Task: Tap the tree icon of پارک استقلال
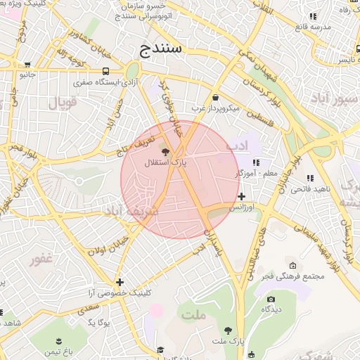click(x=165, y=152)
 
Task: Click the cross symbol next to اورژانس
click(x=242, y=196)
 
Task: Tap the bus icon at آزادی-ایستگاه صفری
click(x=105, y=71)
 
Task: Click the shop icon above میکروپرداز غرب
click(x=214, y=98)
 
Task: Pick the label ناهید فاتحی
click(x=310, y=188)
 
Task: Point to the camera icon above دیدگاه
click(x=271, y=299)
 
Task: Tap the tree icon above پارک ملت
click(x=228, y=330)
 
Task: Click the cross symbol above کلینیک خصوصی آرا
click(x=120, y=282)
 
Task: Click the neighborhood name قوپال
click(x=62, y=103)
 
